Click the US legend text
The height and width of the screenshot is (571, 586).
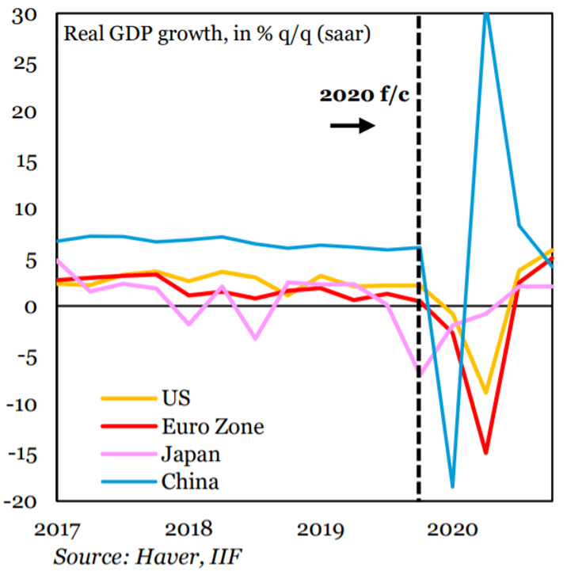coord(176,397)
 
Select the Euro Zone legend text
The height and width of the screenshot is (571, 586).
coord(211,427)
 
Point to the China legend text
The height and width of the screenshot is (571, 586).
coord(189,481)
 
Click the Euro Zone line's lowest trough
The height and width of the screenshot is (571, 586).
coord(485,453)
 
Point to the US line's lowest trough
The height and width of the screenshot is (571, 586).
coord(485,393)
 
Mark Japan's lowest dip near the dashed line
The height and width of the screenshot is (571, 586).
coord(418,375)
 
